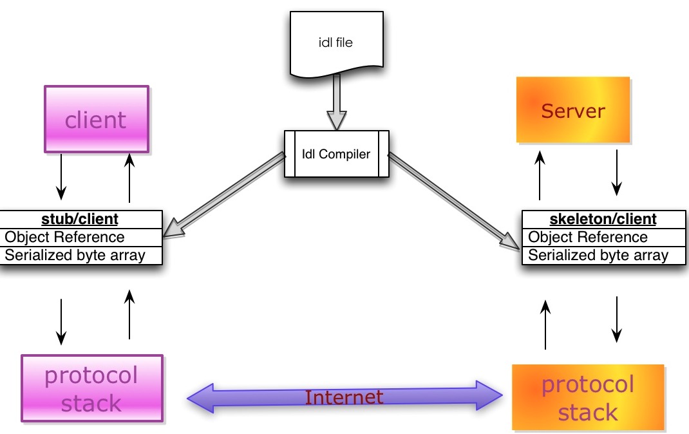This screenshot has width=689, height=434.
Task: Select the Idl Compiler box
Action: point(336,154)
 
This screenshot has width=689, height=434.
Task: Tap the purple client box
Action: point(96,120)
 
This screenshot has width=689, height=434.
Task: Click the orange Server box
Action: point(573,110)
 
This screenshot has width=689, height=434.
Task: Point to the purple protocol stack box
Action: point(91,388)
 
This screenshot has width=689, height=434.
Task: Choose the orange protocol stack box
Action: point(588,397)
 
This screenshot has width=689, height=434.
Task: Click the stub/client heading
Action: point(81,219)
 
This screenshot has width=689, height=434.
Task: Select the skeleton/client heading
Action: point(603,219)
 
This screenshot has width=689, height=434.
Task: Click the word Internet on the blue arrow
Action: point(344,397)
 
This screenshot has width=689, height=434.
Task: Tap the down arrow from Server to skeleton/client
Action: point(616,172)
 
